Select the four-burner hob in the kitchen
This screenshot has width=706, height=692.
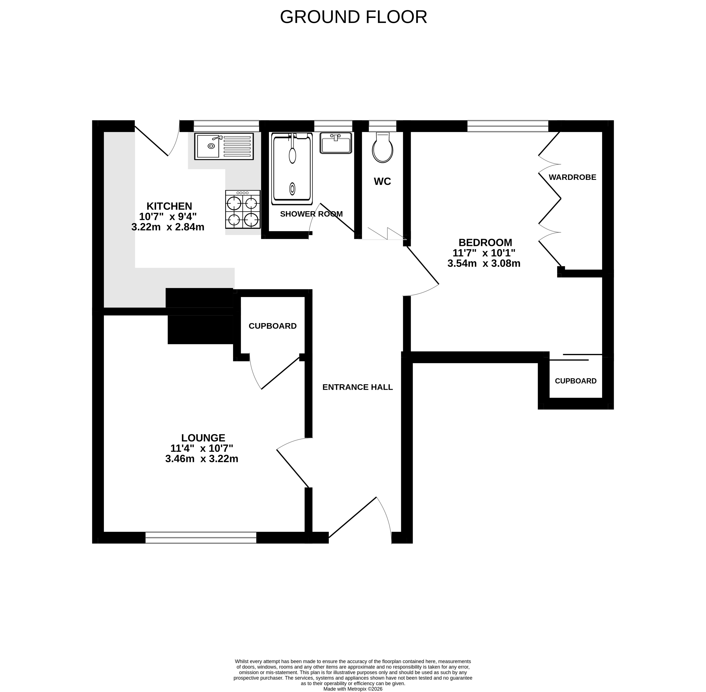click(243, 209)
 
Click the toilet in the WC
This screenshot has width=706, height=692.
click(382, 147)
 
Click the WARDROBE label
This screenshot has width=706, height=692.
click(573, 177)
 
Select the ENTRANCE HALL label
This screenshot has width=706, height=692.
click(358, 387)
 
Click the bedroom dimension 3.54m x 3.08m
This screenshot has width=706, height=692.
click(484, 263)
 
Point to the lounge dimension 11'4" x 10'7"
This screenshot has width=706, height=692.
click(202, 448)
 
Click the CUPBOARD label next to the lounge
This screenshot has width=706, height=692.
click(273, 326)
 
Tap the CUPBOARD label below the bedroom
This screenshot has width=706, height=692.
click(576, 381)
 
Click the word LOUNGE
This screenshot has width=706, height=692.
click(203, 438)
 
